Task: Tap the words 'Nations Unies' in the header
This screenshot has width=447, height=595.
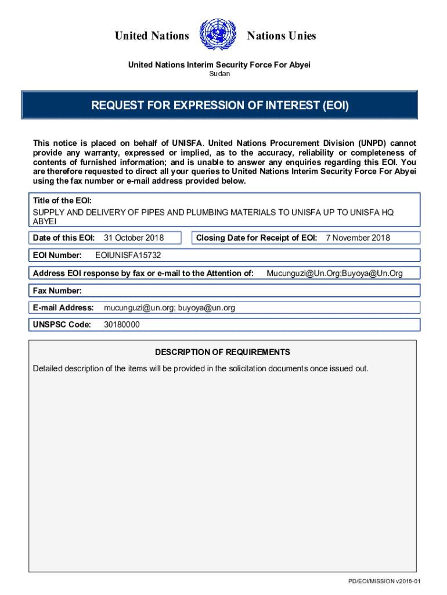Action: tap(281, 36)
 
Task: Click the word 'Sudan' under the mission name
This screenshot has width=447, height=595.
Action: tap(219, 74)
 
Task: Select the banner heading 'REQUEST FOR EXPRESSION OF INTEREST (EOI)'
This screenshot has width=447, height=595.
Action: tap(219, 106)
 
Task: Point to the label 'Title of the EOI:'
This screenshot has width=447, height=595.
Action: tap(62, 200)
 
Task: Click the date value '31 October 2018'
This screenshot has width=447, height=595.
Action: tap(134, 238)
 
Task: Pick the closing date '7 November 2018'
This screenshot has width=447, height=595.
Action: tap(358, 238)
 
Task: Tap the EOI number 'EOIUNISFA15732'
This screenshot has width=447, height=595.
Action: tap(128, 255)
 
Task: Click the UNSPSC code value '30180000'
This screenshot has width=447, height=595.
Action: tap(121, 325)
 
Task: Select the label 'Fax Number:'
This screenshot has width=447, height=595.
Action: tap(57, 291)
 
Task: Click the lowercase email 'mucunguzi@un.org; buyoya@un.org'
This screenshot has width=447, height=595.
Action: tap(170, 307)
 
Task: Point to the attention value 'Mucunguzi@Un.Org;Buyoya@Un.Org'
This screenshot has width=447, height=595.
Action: tap(334, 273)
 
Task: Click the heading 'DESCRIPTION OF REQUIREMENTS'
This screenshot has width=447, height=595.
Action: tap(222, 352)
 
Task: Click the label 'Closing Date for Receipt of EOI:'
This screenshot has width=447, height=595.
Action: tap(257, 238)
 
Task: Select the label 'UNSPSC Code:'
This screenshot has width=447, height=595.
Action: tap(62, 325)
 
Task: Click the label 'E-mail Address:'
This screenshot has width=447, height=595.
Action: tap(63, 307)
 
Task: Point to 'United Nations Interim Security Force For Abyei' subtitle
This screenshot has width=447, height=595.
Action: tap(219, 64)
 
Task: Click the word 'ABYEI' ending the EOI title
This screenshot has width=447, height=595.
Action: tap(45, 221)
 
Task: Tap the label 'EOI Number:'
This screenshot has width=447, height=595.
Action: tap(57, 255)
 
